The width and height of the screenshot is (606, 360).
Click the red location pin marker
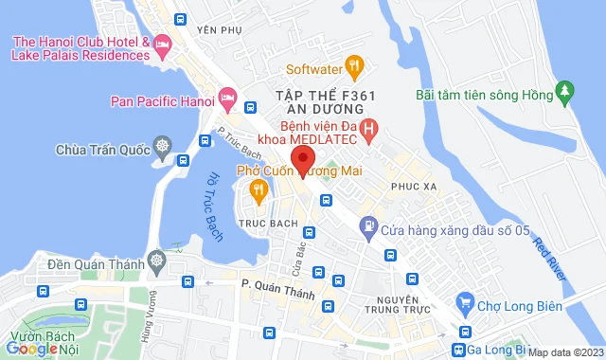[x=301, y=158]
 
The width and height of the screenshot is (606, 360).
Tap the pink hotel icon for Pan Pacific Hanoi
[x=226, y=97]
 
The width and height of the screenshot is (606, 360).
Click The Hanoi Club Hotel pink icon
[x=162, y=44]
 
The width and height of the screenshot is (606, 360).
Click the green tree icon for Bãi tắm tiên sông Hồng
[x=565, y=92]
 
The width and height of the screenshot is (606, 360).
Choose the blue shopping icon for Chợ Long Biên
[x=464, y=303]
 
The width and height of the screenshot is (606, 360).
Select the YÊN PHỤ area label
[x=214, y=29]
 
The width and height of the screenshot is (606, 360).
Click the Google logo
[x=31, y=350]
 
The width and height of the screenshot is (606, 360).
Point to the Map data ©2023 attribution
[x=564, y=352]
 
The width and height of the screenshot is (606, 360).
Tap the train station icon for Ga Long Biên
[x=459, y=350]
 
